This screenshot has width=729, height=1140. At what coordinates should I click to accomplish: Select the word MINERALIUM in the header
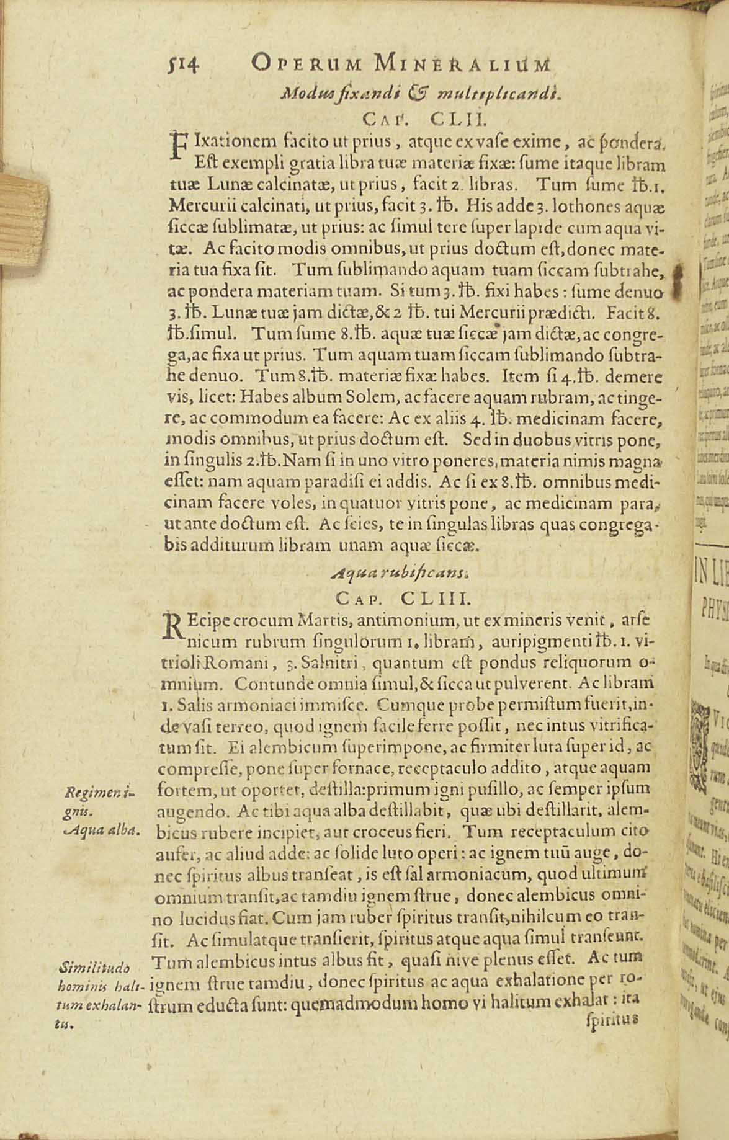(x=462, y=63)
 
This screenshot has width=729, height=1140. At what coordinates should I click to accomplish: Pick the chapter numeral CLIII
(x=437, y=598)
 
